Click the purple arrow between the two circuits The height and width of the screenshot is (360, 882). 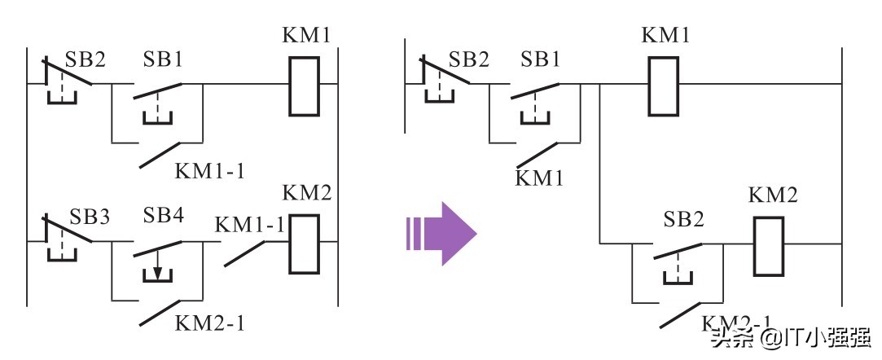pos(441,233)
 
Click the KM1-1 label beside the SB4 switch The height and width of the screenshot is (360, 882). pos(250,224)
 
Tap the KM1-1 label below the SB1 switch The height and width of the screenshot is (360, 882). pos(210,171)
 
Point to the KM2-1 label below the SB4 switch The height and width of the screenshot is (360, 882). pos(210,323)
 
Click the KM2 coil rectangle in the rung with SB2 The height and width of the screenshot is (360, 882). pos(767,246)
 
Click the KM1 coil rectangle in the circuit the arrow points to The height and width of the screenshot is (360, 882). pos(662,85)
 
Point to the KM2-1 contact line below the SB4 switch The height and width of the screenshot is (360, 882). pos(161,314)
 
